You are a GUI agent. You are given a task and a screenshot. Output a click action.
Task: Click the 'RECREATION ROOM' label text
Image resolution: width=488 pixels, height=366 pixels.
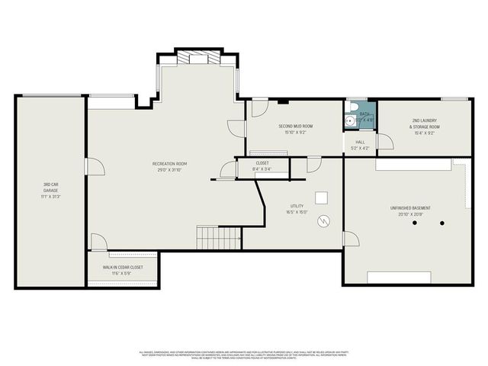click(x=169, y=164)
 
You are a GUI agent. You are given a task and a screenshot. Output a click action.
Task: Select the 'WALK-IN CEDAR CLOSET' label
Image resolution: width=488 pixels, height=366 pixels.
click(x=123, y=268)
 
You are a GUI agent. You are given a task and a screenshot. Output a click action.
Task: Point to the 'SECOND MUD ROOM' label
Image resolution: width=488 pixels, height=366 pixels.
click(x=295, y=126)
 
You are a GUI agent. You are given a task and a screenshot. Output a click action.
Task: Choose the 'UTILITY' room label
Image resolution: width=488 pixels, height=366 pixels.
click(x=297, y=207)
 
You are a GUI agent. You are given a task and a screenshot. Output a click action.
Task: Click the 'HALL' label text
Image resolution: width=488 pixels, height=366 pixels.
click(x=359, y=142)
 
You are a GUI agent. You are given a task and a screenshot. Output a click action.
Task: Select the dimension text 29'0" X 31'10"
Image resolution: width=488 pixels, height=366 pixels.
click(x=169, y=170)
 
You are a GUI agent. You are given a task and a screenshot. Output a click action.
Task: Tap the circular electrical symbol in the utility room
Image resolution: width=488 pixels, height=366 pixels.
click(x=325, y=222)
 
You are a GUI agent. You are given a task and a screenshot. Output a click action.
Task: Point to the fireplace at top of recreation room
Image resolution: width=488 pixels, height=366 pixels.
click(x=197, y=58)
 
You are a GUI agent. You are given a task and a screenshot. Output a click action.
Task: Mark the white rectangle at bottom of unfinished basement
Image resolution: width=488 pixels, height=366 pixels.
click(x=398, y=277)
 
